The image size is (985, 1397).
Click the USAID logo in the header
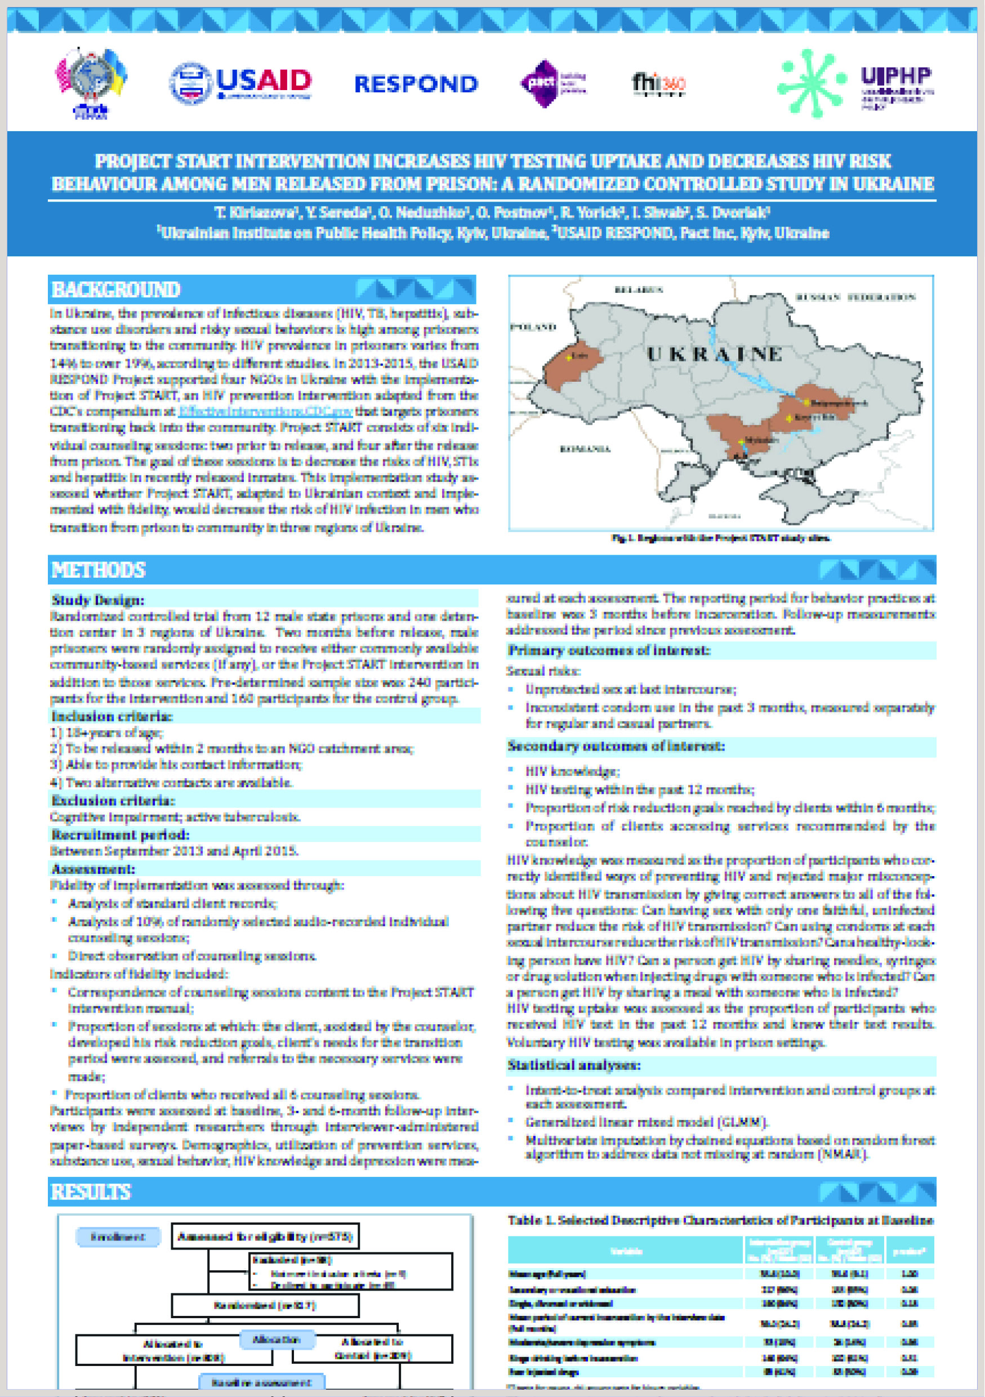[241, 82]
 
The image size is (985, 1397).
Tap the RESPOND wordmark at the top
[416, 84]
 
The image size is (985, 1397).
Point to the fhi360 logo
[658, 83]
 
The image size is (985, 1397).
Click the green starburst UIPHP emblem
[812, 83]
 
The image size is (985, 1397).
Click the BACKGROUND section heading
[116, 289]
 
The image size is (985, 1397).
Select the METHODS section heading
[99, 570]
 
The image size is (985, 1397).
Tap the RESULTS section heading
[91, 1192]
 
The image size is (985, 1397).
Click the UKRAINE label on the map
[714, 354]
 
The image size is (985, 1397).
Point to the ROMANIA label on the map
[585, 449]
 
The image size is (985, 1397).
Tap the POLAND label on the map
[533, 327]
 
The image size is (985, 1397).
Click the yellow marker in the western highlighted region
[569, 358]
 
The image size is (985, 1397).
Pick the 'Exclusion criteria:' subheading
[113, 800]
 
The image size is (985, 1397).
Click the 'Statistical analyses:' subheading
[574, 1065]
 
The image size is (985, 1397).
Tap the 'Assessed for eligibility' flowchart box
[265, 1237]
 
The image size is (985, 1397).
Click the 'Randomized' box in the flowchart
[265, 1306]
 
